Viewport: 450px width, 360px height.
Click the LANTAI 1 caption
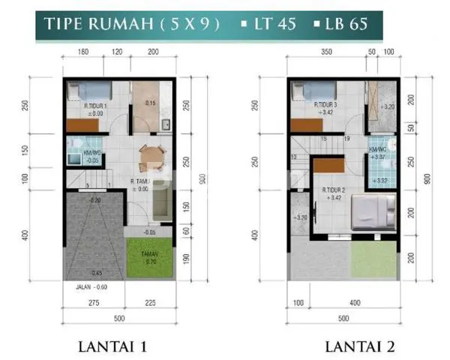[x=118, y=346]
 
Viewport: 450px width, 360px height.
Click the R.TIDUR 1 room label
[x=97, y=106]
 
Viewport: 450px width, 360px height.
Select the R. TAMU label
[x=142, y=181]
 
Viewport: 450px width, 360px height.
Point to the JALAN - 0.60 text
[x=91, y=286]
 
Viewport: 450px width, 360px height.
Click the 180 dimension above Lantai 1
[x=83, y=52]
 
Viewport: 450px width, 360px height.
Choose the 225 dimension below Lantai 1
[x=151, y=304]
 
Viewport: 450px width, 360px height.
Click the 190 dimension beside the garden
[x=187, y=259]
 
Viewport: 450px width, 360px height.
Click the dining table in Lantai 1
[x=152, y=156]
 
